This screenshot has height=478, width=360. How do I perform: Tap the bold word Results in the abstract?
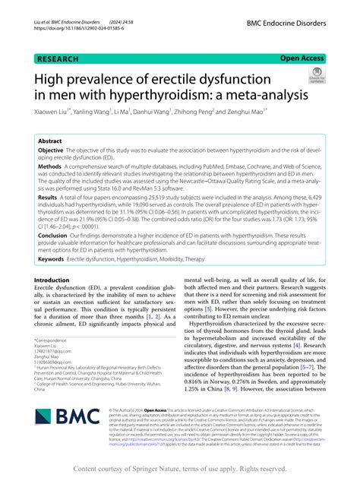(x=52, y=196)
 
